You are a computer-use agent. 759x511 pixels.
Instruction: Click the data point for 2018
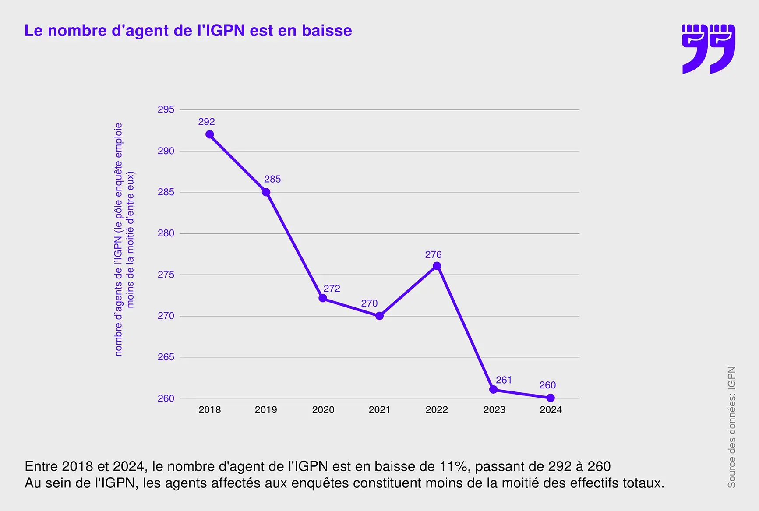pyautogui.click(x=210, y=134)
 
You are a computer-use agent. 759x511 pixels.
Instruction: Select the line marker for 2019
pyautogui.click(x=266, y=192)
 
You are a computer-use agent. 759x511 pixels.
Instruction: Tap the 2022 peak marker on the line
pyautogui.click(x=437, y=266)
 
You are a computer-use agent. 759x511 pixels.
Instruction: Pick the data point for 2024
pyautogui.click(x=551, y=398)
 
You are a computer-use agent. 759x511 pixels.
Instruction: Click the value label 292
pyautogui.click(x=207, y=122)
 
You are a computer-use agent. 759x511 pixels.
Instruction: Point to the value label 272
pyautogui.click(x=332, y=289)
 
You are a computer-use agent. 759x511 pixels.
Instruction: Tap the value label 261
pyautogui.click(x=504, y=380)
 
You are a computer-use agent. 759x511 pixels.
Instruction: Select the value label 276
pyautogui.click(x=433, y=254)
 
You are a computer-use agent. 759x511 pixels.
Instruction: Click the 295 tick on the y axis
pyautogui.click(x=166, y=109)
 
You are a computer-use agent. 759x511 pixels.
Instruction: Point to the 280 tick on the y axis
pyautogui.click(x=166, y=233)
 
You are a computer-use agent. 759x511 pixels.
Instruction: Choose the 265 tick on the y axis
pyautogui.click(x=166, y=357)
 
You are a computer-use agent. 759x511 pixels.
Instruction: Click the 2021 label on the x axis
pyautogui.click(x=379, y=410)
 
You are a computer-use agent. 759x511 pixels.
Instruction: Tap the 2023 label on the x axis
pyautogui.click(x=494, y=410)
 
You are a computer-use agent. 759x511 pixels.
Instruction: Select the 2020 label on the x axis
pyautogui.click(x=323, y=410)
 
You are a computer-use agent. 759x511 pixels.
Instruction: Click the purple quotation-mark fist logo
pyautogui.click(x=709, y=49)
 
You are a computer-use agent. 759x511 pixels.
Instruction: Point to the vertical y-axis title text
pyautogui.click(x=124, y=239)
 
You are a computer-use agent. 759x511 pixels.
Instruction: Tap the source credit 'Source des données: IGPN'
pyautogui.click(x=731, y=427)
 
